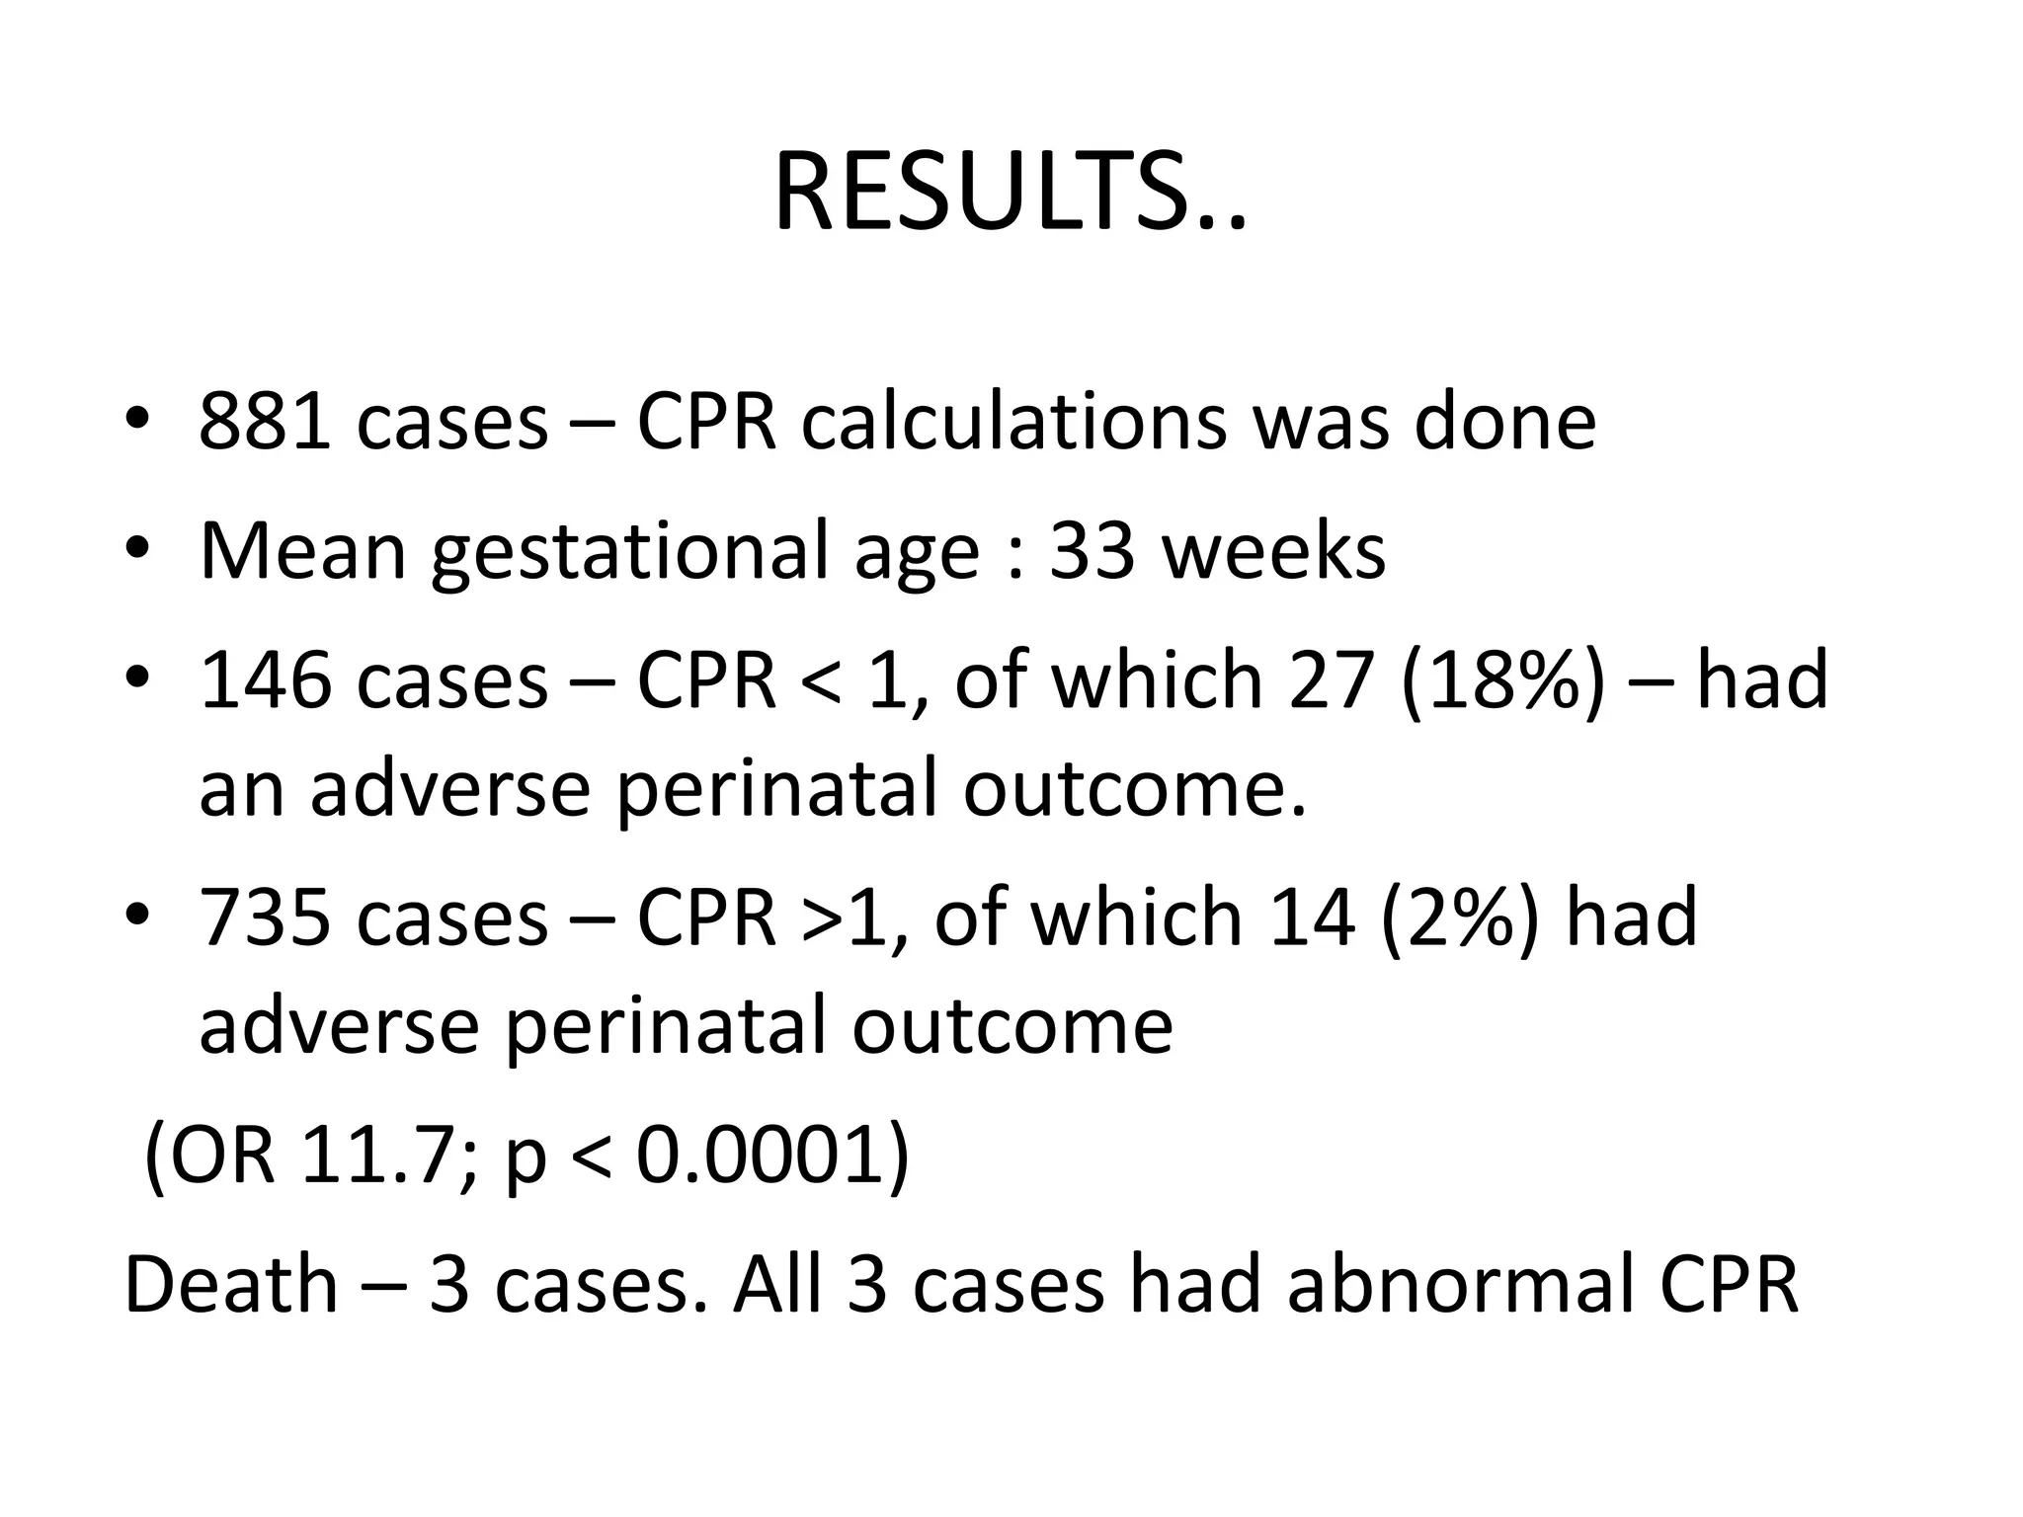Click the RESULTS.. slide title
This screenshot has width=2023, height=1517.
(1010, 194)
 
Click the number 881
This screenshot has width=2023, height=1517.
(265, 422)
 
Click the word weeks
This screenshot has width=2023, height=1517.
(1274, 550)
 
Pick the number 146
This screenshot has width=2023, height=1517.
(265, 680)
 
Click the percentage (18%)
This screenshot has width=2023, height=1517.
(1502, 680)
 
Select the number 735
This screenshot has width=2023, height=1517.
(265, 917)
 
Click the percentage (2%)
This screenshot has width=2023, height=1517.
(1459, 917)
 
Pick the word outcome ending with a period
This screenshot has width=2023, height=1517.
(1135, 788)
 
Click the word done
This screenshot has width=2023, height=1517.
(1504, 422)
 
